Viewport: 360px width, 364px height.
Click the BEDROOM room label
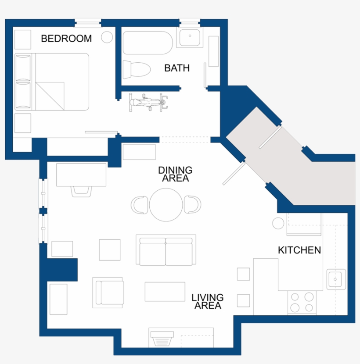66,39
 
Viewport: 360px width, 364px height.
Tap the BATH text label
177,68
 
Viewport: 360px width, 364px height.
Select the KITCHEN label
299,250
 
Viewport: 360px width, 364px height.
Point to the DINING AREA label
175,174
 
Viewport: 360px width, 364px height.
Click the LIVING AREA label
208,302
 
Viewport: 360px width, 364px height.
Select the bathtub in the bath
147,42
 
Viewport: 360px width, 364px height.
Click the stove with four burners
302,302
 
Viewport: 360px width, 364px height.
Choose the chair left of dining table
140,205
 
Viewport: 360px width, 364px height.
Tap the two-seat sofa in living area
166,251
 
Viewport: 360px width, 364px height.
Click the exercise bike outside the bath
148,103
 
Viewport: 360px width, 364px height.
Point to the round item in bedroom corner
107,37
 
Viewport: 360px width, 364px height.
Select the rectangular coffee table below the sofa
165,291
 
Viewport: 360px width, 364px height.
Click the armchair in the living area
108,292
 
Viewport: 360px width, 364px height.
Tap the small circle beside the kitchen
278,223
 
